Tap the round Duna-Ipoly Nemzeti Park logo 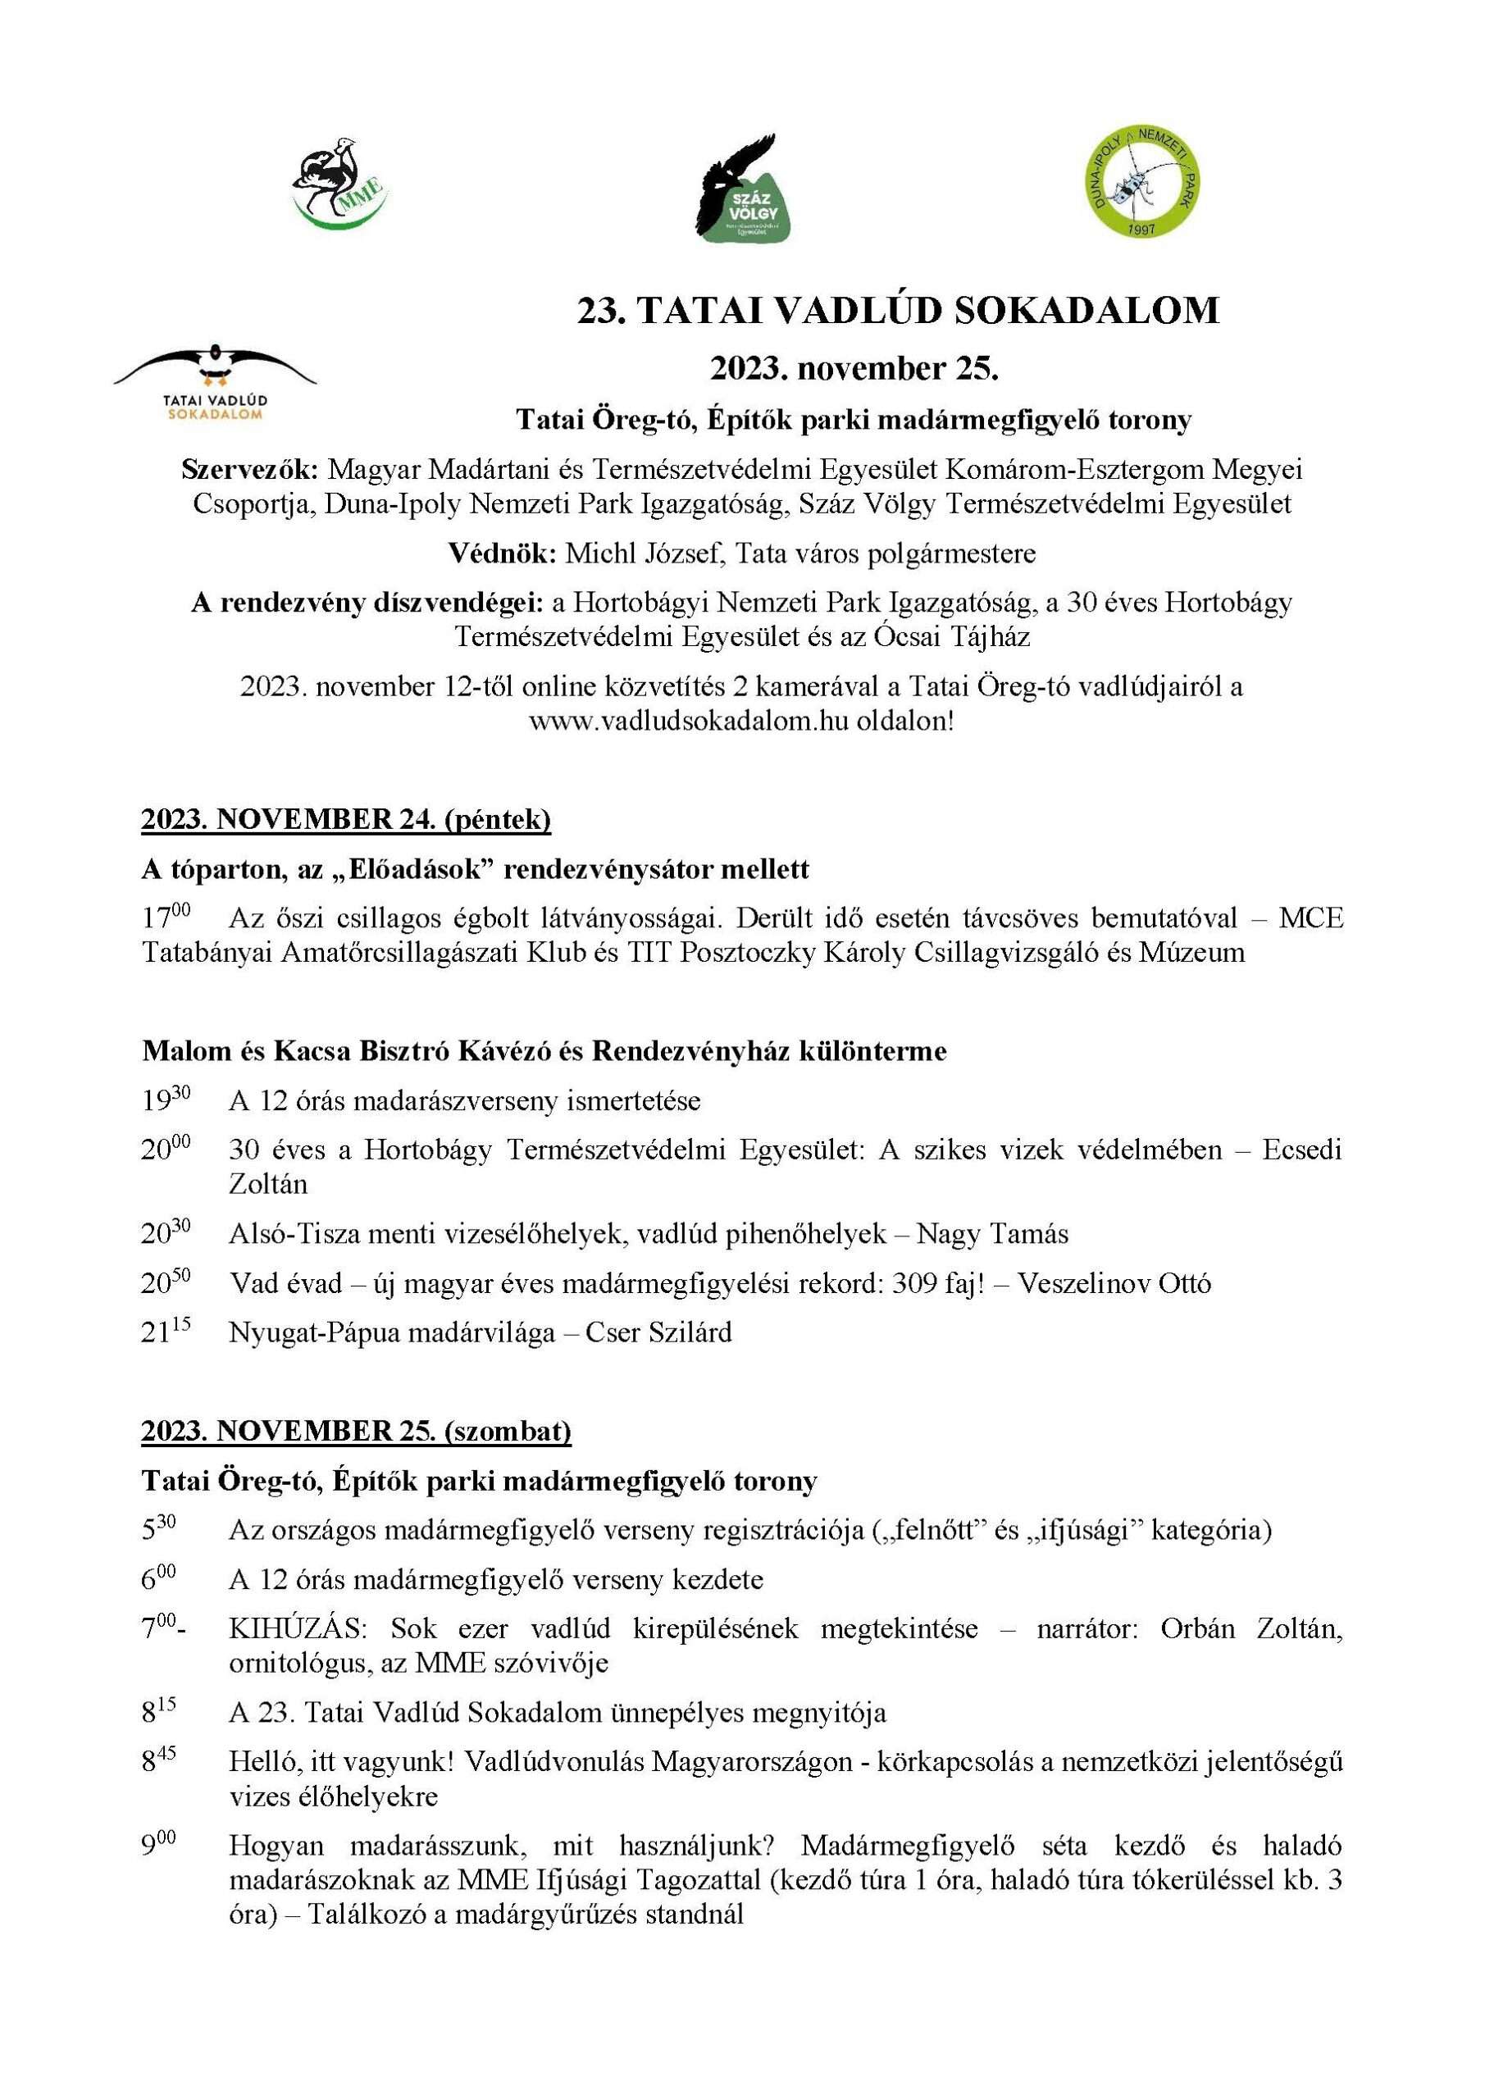click(x=1142, y=180)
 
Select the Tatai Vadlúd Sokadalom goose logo click(x=215, y=380)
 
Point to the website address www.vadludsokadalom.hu click(x=690, y=722)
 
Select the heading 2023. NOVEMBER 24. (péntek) click(x=346, y=819)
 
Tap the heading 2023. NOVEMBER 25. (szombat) click(x=356, y=1431)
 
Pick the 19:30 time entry click(x=166, y=1099)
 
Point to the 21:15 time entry click(x=166, y=1332)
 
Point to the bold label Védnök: click(x=502, y=554)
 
